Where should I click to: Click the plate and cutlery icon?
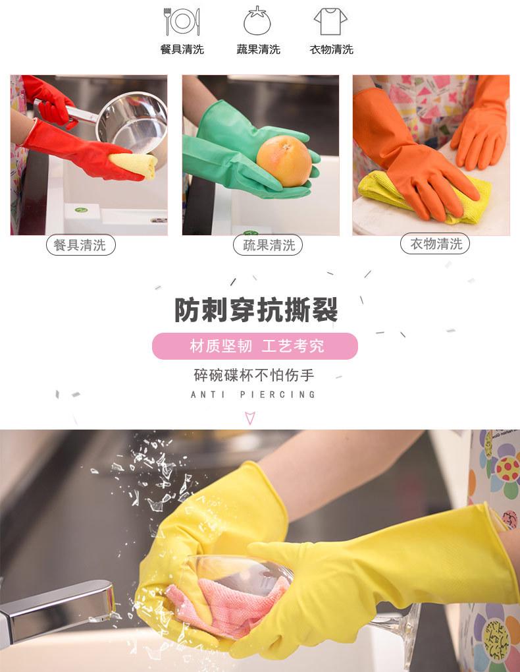coord(182,22)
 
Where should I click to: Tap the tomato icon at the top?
coord(257,22)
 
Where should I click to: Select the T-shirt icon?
coord(330,22)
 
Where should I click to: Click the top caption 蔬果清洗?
coord(258,49)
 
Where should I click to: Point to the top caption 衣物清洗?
coord(332,49)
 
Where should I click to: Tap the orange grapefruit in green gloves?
coord(284,161)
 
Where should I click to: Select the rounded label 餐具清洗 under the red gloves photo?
coord(80,246)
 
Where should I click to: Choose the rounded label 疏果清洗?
coord(268,246)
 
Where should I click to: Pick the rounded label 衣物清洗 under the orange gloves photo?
coord(435,244)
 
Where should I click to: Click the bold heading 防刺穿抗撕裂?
coord(256,310)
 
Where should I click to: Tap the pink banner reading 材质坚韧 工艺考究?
coord(255,347)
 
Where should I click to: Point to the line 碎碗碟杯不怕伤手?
coord(254,376)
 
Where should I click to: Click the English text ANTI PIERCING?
coord(253,395)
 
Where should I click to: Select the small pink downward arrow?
coord(250,417)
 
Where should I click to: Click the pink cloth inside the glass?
coord(217,603)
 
